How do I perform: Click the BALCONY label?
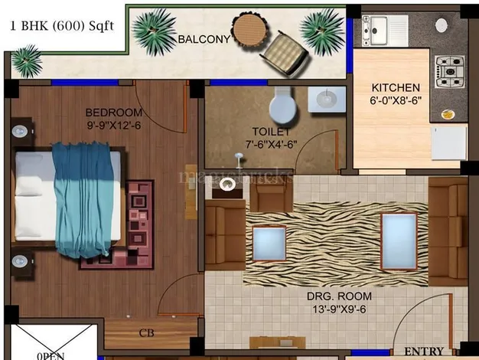[x=204, y=38]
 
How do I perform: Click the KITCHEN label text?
[x=396, y=87]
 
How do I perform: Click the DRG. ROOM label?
[x=339, y=296]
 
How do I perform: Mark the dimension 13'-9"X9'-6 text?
[x=339, y=309]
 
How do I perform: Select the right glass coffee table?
[x=399, y=241]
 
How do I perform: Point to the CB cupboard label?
[x=146, y=332]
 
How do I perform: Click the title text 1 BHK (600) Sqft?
[x=61, y=25]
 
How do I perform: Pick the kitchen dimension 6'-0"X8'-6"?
[x=396, y=101]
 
